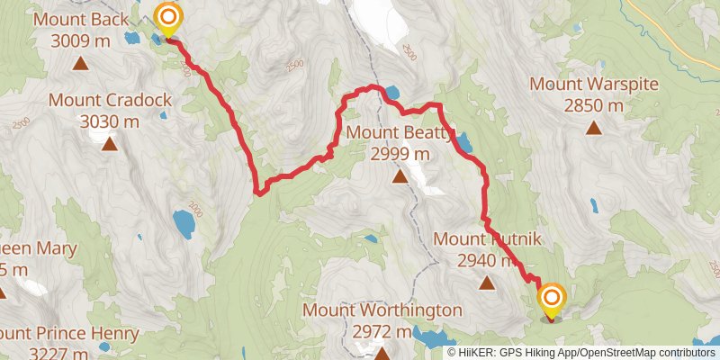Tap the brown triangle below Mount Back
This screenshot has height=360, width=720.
[x=80, y=63]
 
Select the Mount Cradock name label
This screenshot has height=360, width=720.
[x=110, y=100]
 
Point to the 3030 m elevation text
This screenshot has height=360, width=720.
[x=110, y=121]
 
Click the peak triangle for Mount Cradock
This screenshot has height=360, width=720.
[x=110, y=144]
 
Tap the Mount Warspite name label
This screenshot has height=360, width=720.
[x=594, y=85]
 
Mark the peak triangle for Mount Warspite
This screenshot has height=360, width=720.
[x=594, y=128]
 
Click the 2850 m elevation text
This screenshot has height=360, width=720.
[x=594, y=105]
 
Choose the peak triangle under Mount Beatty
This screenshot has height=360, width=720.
[x=400, y=177]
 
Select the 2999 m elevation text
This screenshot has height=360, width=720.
[x=400, y=154]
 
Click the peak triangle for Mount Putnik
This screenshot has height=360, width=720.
[x=487, y=283]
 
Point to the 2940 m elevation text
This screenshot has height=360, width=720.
[x=487, y=261]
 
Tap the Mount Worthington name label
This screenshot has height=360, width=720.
[x=382, y=310]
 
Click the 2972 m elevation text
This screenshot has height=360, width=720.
[x=382, y=331]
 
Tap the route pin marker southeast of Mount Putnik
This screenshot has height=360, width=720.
[x=551, y=301]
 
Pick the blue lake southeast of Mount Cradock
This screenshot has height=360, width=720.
[x=184, y=223]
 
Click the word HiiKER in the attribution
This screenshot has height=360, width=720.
[x=481, y=353]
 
